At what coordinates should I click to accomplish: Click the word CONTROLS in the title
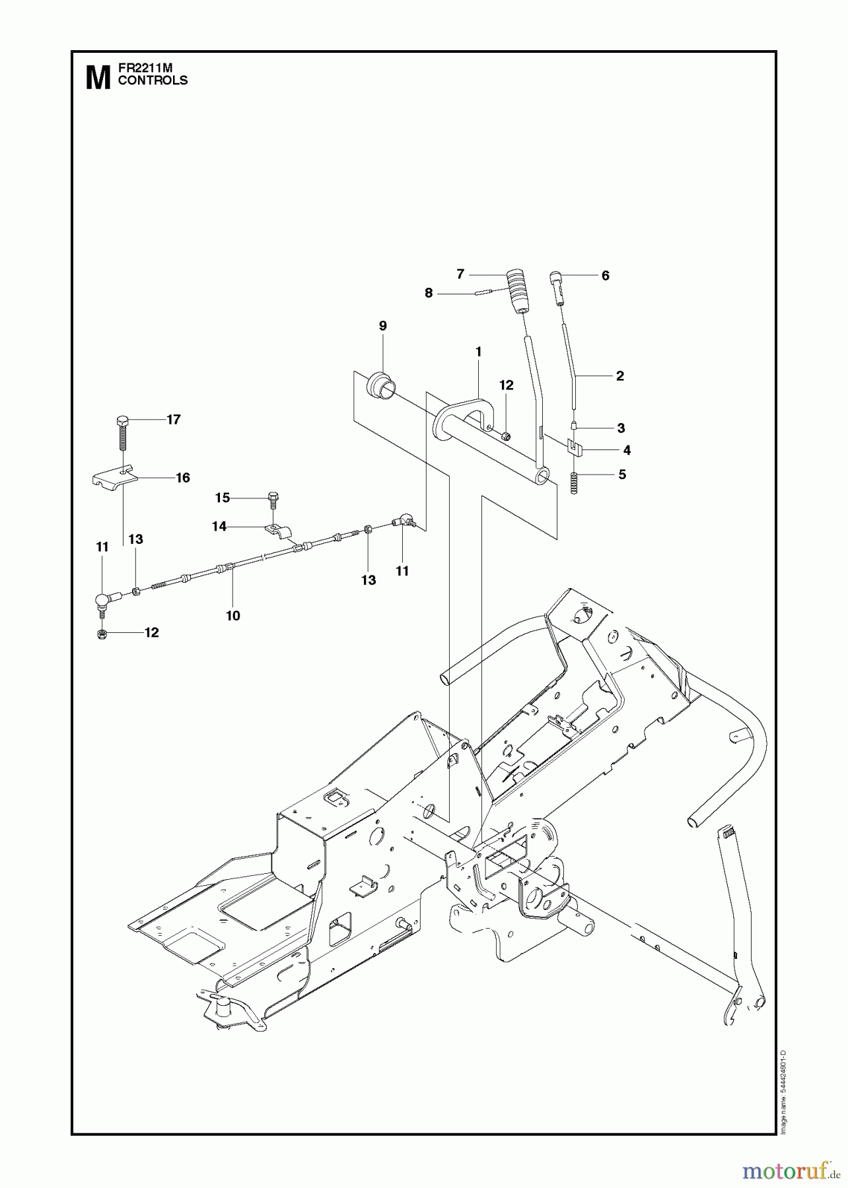pos(152,81)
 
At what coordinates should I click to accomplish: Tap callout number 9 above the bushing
pos(383,325)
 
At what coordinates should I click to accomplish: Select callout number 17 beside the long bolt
pos(173,420)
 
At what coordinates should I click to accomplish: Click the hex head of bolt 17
pos(122,421)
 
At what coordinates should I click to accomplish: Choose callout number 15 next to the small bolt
pos(222,498)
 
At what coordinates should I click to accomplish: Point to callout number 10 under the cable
pos(232,615)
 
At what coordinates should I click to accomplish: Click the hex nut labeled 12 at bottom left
pos(102,634)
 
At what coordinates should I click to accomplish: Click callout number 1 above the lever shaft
pos(478,352)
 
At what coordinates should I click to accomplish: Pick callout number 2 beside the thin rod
pos(619,376)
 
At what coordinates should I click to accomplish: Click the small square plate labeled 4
pos(575,449)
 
